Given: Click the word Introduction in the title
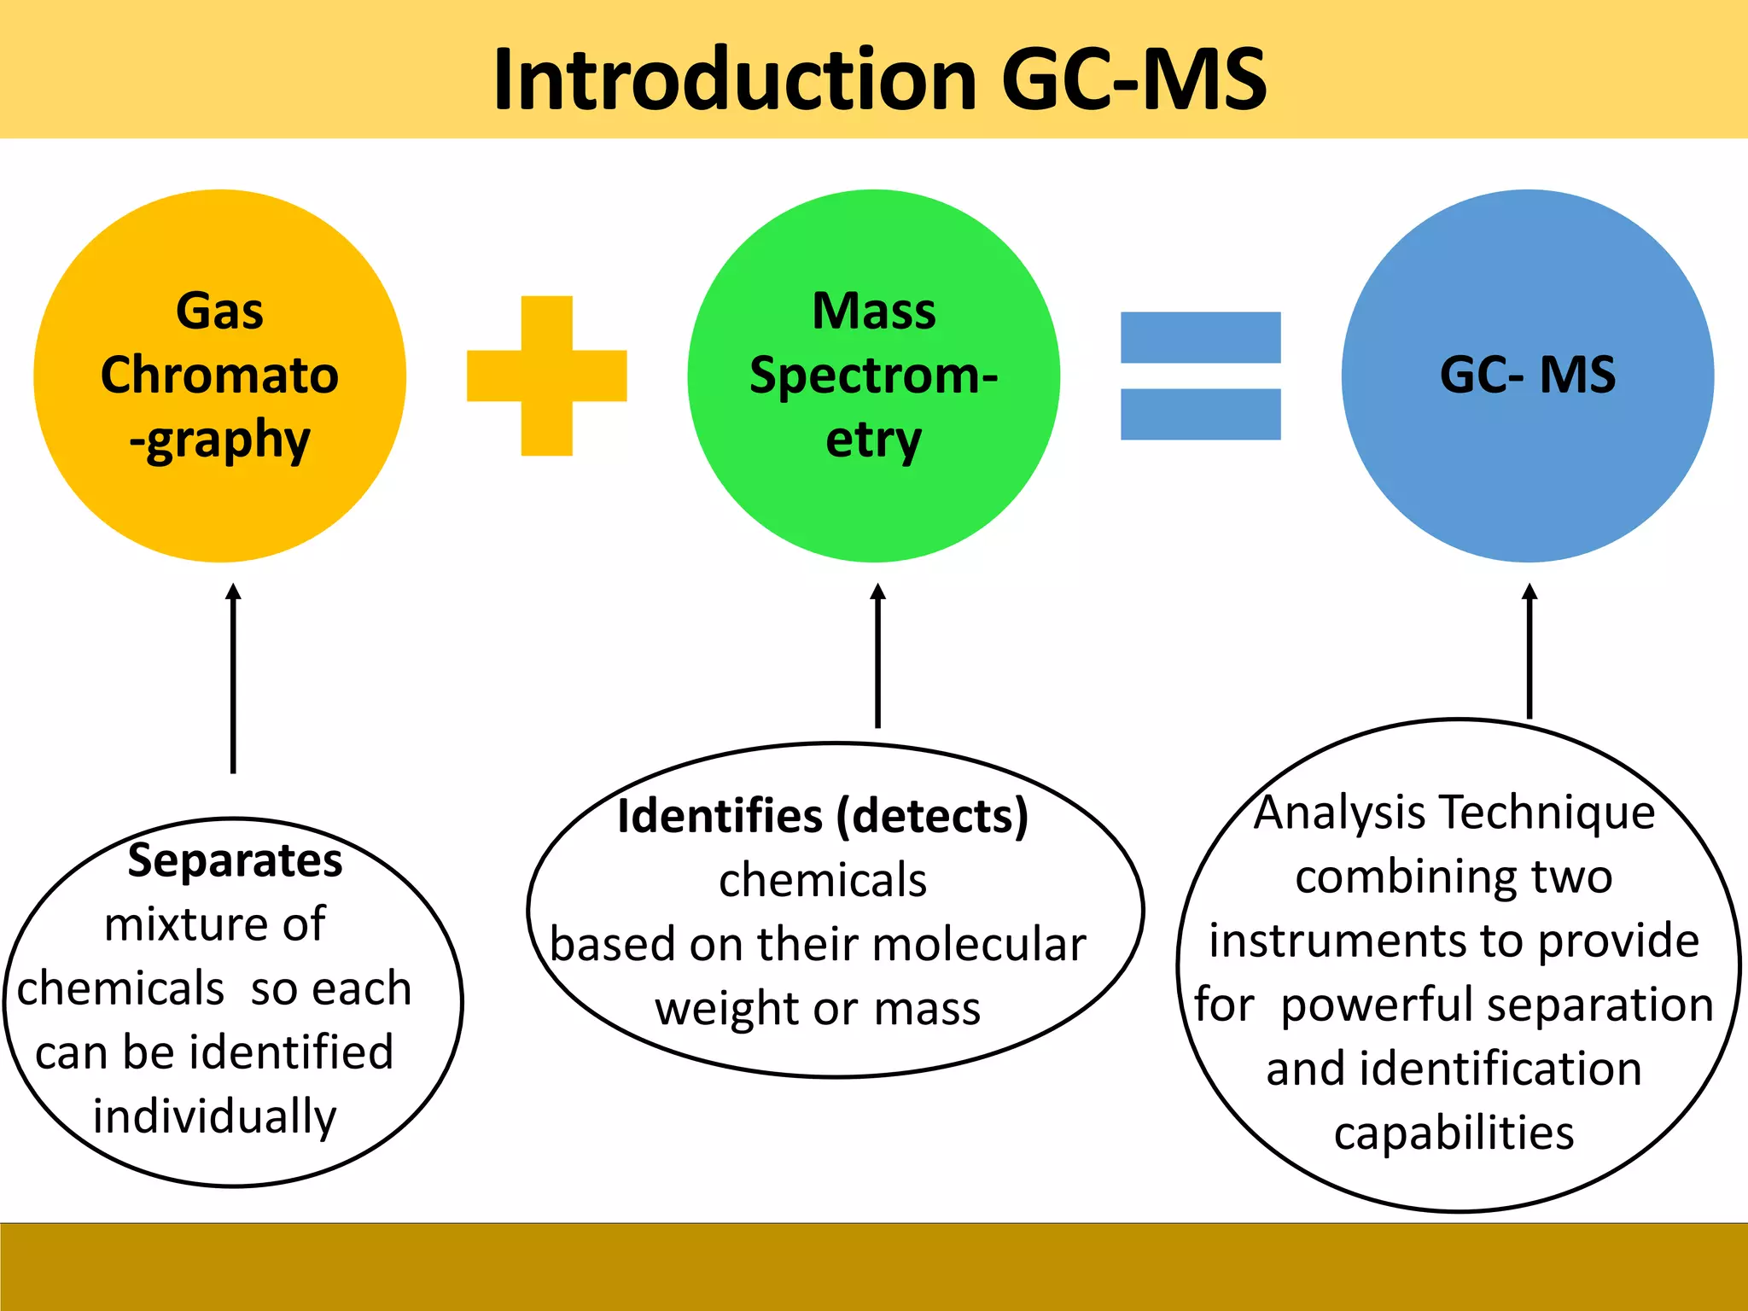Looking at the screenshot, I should click(734, 79).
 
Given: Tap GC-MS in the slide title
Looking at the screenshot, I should click(1133, 79).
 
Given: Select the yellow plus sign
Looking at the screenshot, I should click(546, 376).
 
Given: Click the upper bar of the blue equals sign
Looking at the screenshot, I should click(1200, 338).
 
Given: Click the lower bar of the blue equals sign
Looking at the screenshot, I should click(1200, 414).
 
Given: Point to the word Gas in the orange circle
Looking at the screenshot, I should click(219, 311).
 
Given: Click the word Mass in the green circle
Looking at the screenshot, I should click(873, 311).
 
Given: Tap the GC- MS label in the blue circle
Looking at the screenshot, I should click(1527, 375).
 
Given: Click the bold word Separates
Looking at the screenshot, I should click(235, 860).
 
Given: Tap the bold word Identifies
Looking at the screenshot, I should click(720, 816).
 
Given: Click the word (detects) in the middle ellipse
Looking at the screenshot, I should click(932, 816).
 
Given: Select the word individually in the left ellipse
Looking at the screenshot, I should click(215, 1116).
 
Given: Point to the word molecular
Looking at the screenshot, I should click(979, 945).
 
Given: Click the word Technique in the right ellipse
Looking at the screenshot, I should click(1547, 812).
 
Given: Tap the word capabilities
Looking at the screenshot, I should click(1454, 1133).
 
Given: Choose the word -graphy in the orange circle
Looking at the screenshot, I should click(219, 440).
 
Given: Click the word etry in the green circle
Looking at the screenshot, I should click(873, 440).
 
